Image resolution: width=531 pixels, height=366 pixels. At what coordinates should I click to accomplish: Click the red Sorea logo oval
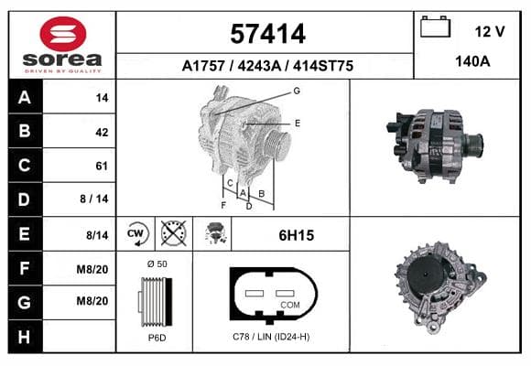[x=63, y=34]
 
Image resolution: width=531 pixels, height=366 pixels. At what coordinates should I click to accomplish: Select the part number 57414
[x=267, y=34]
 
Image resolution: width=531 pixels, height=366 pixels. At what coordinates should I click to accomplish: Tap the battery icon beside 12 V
[x=435, y=27]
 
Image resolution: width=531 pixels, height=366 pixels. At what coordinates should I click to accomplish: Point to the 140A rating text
[x=472, y=61]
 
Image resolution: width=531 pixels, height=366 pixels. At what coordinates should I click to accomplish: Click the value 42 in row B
[x=102, y=132]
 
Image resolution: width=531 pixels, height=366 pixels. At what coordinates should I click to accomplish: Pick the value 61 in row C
[x=102, y=166]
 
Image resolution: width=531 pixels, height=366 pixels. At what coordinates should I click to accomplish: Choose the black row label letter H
[x=24, y=337]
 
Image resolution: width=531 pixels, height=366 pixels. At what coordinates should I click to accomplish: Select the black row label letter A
[x=25, y=98]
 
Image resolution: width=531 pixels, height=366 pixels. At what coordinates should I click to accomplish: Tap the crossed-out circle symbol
[x=173, y=233]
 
